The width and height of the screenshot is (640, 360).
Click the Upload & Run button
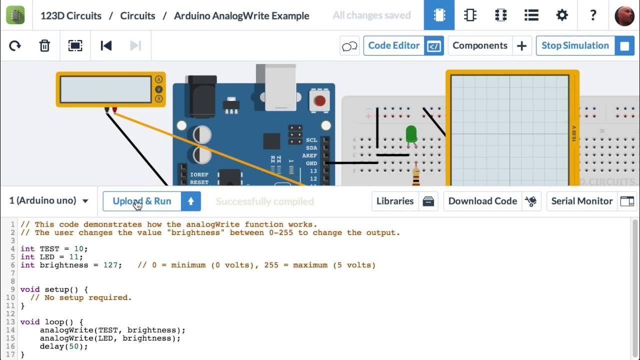[x=142, y=201]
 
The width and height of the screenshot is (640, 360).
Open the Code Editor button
[x=403, y=45]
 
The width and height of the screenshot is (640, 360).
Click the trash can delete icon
[x=44, y=46]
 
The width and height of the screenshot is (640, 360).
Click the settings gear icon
[x=562, y=15]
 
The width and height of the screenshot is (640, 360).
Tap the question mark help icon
[x=592, y=15]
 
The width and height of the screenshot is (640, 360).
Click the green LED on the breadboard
[x=411, y=134]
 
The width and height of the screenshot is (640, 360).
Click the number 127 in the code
[x=110, y=265]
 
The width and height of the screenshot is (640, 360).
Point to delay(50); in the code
[x=63, y=346]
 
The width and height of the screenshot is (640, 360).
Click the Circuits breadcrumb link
[x=137, y=15]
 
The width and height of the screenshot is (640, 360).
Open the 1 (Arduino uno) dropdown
[x=48, y=201]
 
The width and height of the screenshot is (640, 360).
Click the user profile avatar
[x=624, y=15]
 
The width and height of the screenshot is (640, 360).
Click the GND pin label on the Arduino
[x=311, y=163]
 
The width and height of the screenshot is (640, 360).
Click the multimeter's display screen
[x=105, y=89]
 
